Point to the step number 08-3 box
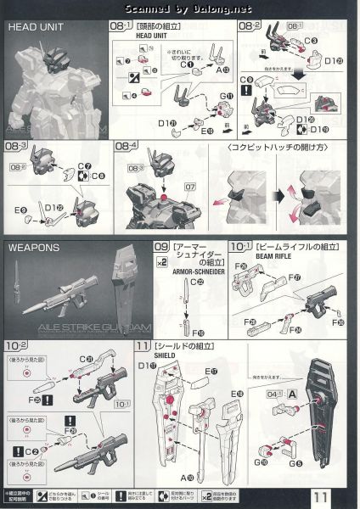click(16, 148)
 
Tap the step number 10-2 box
click(16, 345)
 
